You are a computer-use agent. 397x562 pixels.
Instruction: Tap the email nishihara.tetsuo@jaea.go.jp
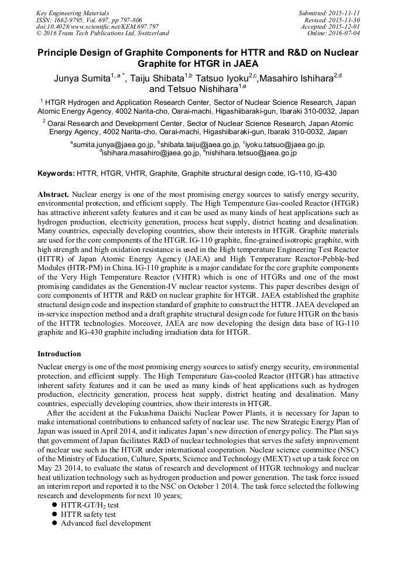click(x=251, y=153)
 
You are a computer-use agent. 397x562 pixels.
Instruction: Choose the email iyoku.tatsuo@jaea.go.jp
click(x=286, y=145)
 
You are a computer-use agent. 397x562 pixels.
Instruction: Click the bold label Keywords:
click(x=56, y=174)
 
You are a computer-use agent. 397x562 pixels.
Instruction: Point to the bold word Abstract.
click(x=53, y=194)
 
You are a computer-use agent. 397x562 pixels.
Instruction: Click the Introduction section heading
click(x=59, y=355)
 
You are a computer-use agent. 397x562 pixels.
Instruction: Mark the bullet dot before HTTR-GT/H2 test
click(x=54, y=505)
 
